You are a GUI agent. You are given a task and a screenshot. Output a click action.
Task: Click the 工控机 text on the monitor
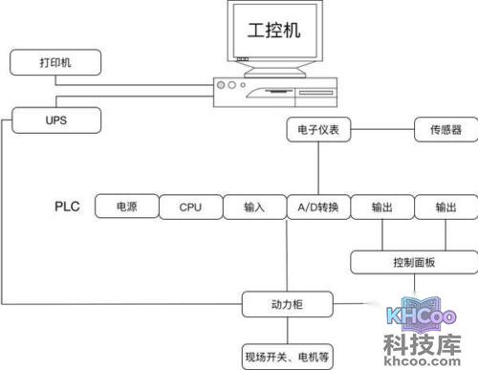coord(273,31)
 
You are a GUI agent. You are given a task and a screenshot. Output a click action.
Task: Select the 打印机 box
coord(54,64)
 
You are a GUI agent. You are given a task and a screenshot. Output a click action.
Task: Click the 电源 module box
coord(125,207)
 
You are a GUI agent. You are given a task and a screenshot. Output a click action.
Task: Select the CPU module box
coord(190,207)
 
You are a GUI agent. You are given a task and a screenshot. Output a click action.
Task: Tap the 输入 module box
coord(253,207)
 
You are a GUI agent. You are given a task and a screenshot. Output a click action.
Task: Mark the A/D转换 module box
coord(317,207)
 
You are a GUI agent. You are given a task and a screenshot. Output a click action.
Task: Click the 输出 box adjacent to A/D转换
coord(380,207)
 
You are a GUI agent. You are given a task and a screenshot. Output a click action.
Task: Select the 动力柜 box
coord(287,306)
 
